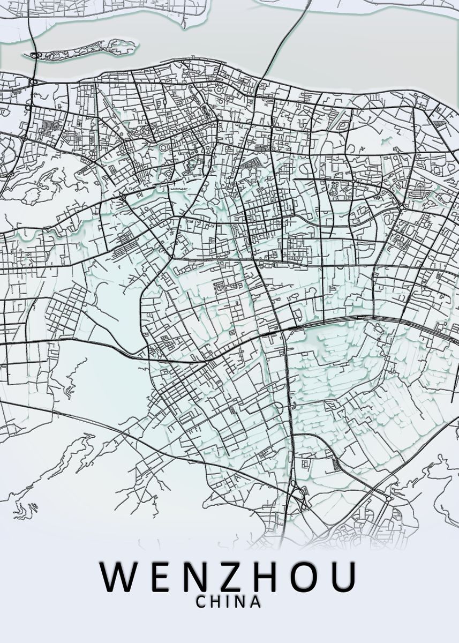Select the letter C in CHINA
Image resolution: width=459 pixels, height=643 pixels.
(201, 602)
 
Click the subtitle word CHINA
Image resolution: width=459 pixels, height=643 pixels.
(229, 602)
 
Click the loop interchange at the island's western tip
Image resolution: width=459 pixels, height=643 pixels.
(35, 55)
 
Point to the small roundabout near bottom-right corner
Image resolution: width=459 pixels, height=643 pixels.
(388, 498)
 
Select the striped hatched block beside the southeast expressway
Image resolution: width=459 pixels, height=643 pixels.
(336, 465)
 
